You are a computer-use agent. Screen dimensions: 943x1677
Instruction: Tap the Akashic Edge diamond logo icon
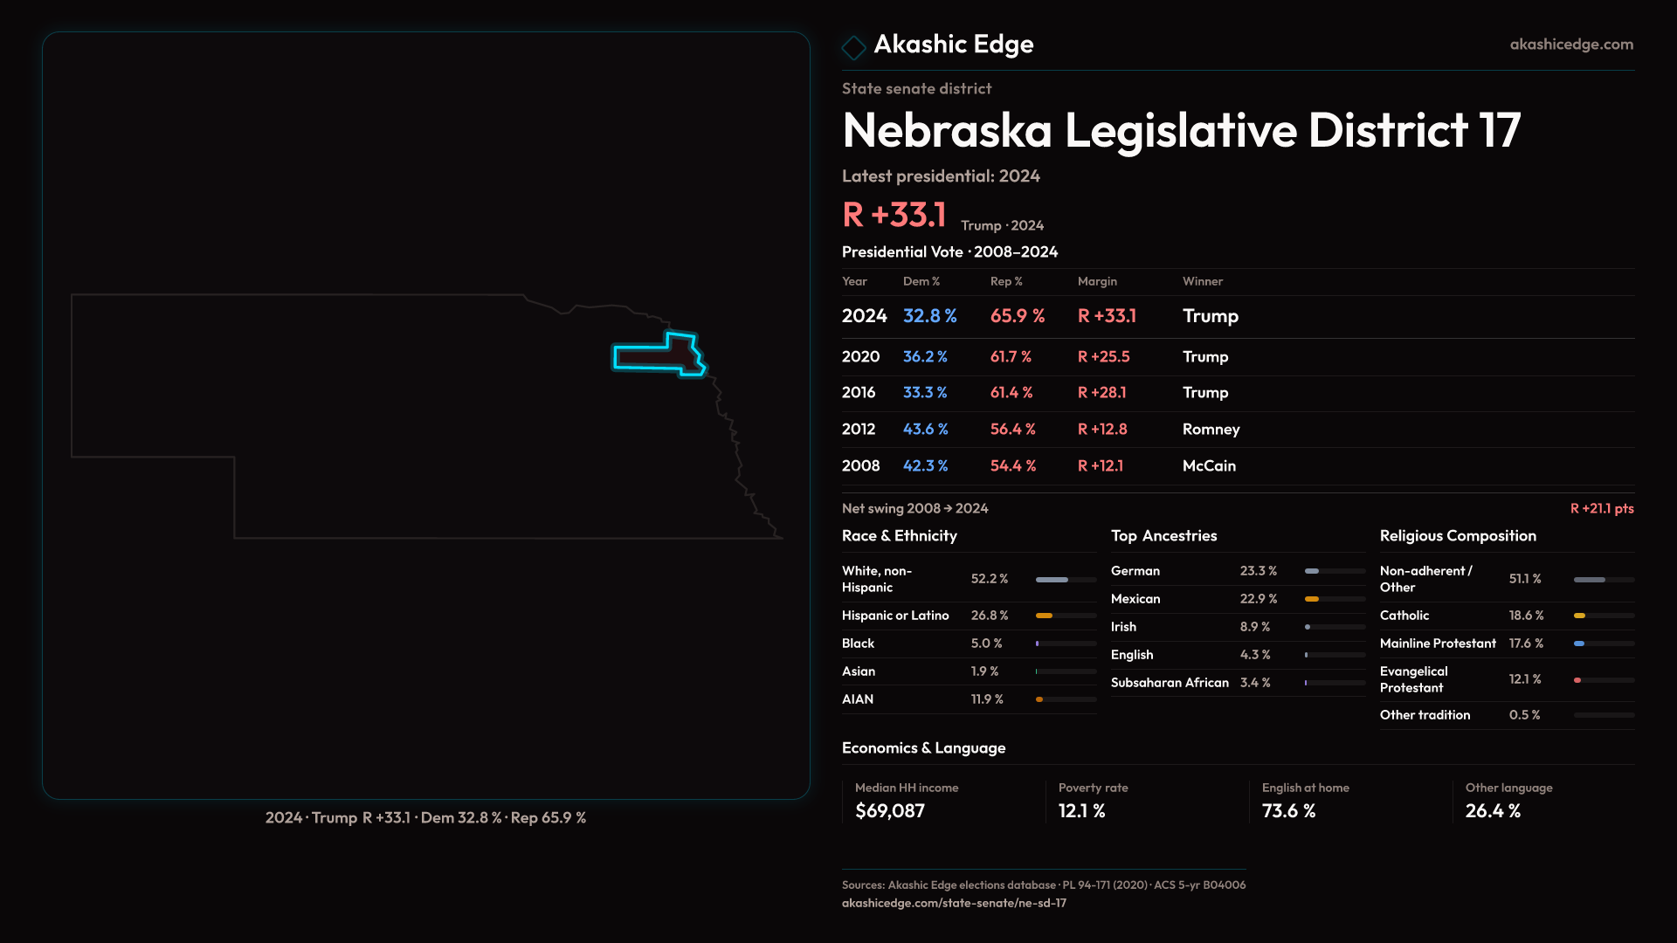(853, 47)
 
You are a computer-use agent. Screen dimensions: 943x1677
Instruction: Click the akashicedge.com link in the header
(1570, 45)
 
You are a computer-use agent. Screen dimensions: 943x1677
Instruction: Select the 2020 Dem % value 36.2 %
(925, 357)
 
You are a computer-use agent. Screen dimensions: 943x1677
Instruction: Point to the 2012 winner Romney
(1211, 430)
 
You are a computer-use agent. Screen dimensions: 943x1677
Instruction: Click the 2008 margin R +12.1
(1101, 466)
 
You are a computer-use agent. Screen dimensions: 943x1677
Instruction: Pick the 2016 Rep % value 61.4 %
(1011, 393)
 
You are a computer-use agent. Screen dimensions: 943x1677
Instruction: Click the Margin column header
(1097, 281)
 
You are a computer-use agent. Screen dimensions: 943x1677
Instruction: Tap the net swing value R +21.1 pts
(1601, 509)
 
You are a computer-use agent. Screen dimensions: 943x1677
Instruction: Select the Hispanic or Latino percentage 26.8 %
(990, 616)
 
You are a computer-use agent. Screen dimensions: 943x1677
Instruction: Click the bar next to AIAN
(1066, 699)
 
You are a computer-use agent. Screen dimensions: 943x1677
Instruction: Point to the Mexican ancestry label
(1135, 599)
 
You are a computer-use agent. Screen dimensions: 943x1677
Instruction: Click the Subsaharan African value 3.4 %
(1255, 683)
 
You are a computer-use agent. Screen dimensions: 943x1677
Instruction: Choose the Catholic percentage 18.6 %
(1526, 616)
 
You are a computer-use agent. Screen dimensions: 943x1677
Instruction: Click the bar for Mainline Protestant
(1603, 644)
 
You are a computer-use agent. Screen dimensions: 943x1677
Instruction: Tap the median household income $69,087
(890, 811)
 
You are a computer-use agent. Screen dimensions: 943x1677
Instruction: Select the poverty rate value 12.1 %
(1081, 811)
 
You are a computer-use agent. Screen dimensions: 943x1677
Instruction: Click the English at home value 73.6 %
(1288, 811)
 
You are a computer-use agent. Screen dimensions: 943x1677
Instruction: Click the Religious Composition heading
(1458, 536)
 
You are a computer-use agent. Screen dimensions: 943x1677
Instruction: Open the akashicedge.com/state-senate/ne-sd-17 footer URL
(954, 904)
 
